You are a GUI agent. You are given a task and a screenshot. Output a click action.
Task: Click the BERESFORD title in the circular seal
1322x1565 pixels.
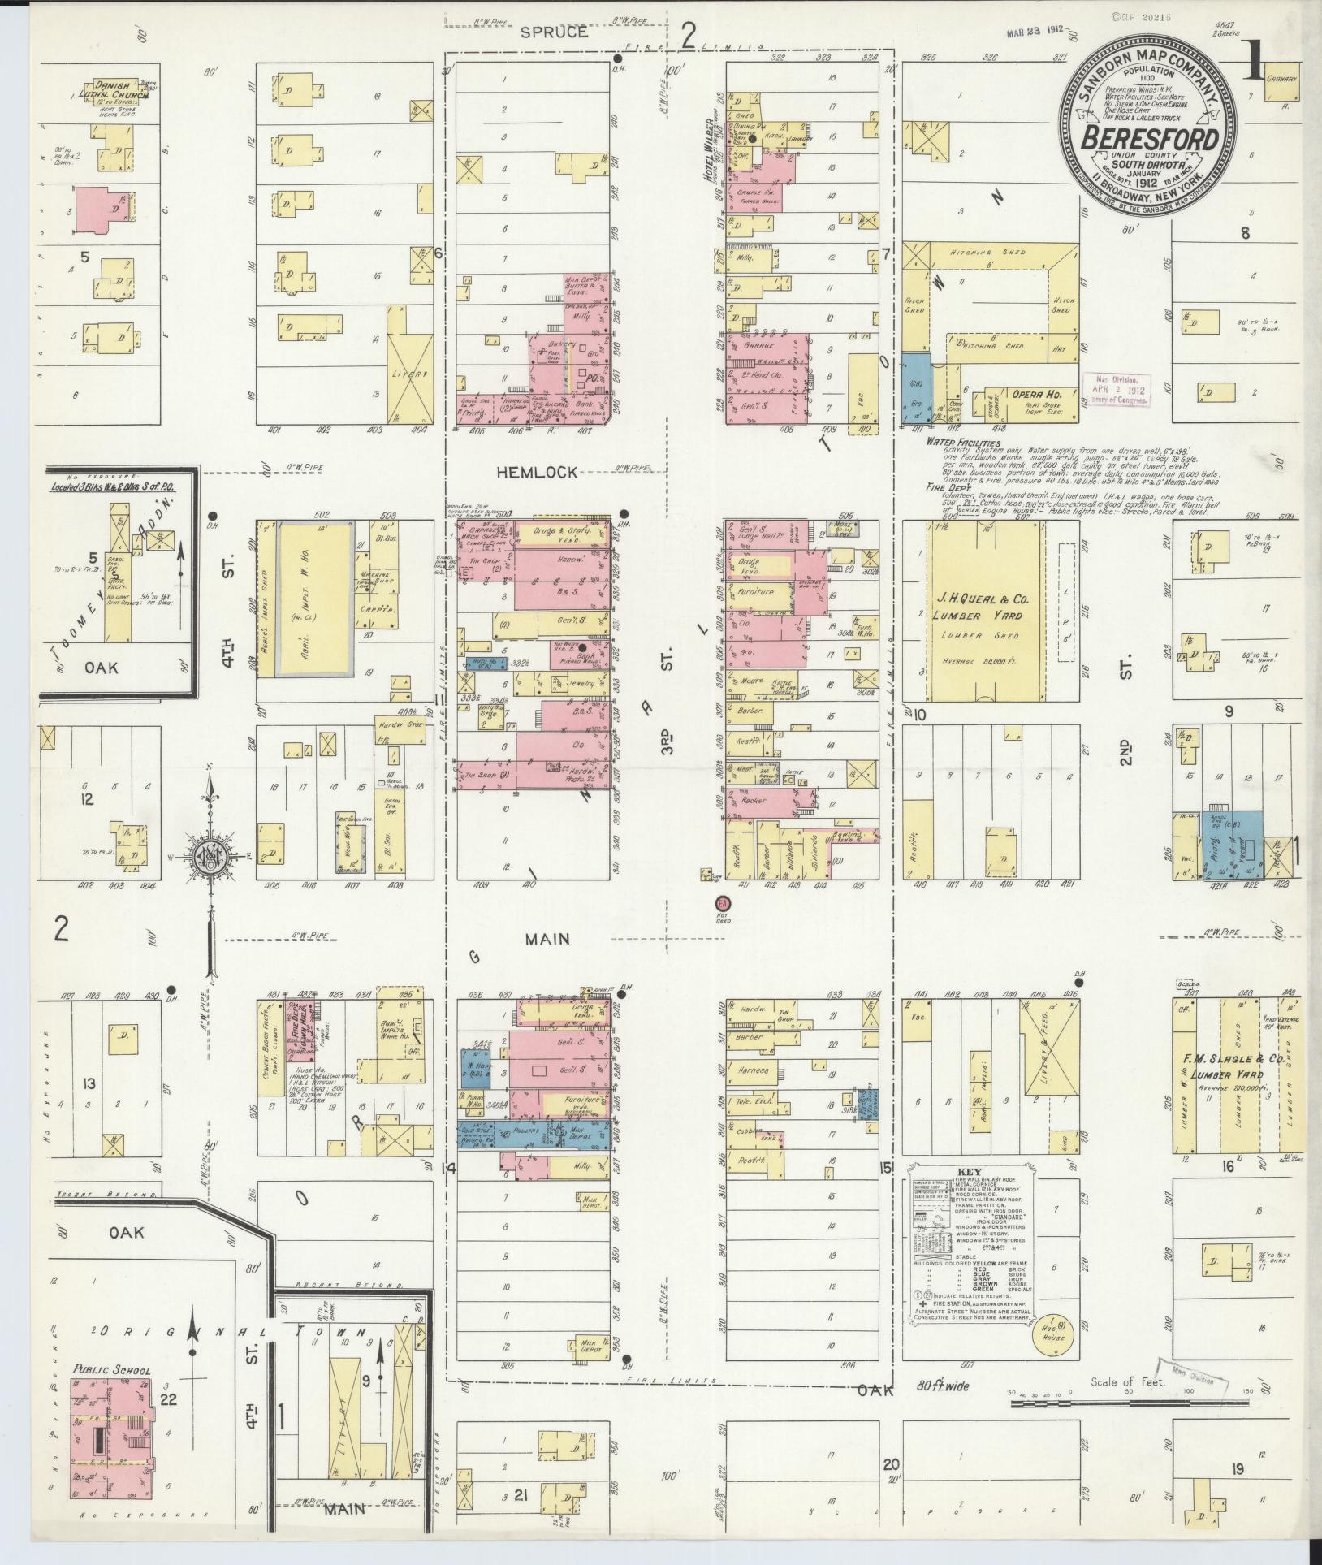[x=1149, y=138]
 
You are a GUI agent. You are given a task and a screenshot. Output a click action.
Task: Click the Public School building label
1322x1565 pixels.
[x=111, y=1370]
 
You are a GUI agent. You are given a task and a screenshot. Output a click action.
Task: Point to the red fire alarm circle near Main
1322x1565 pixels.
[x=722, y=903]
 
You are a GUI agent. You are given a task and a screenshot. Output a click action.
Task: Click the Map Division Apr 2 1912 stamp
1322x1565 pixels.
[x=1118, y=389]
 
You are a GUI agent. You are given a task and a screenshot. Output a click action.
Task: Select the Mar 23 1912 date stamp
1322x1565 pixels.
[x=1034, y=35]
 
